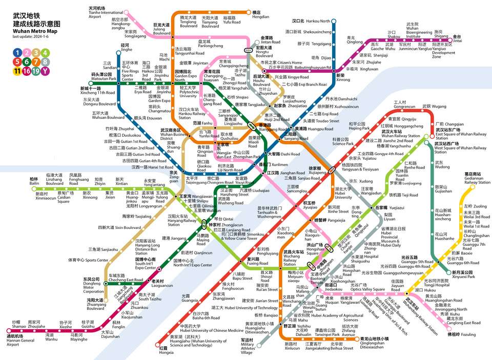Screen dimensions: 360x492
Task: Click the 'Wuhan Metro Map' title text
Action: coord(35,31)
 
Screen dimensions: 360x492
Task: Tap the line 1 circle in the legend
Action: coord(17,52)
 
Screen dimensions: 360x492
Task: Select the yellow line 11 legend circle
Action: coord(17,71)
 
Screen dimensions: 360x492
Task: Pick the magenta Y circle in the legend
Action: coord(46,71)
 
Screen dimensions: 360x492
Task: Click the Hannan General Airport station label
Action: coord(20,342)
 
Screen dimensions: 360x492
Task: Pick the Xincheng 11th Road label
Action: coord(98,91)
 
